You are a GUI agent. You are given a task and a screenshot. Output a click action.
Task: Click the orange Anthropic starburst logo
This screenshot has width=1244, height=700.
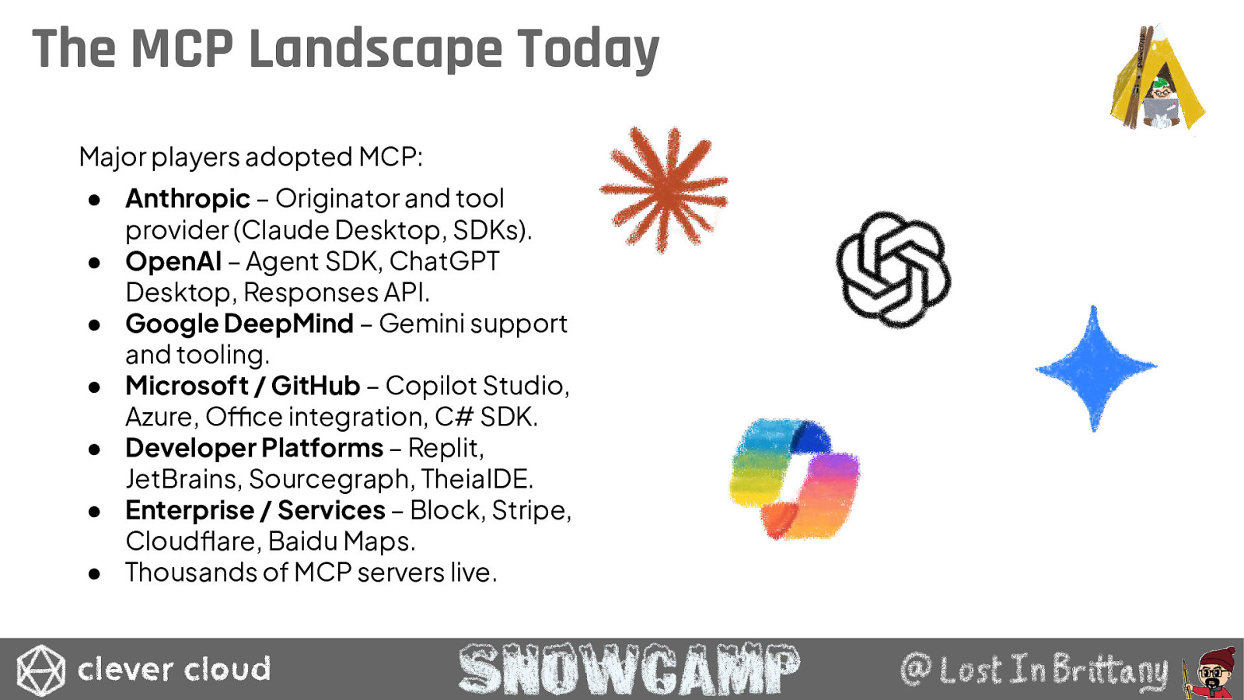point(664,190)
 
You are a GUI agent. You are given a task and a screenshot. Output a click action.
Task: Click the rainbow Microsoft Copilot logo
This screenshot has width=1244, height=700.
point(795,479)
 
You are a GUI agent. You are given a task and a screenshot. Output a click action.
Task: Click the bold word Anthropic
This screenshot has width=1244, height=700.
point(187,198)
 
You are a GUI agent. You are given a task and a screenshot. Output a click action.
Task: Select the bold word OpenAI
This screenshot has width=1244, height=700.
point(173,261)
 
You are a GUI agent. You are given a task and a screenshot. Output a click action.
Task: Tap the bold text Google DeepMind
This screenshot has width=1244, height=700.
point(239,324)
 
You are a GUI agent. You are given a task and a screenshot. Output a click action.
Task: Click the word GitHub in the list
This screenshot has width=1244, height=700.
point(316,386)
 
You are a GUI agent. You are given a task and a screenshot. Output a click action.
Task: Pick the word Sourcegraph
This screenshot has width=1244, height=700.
point(331,479)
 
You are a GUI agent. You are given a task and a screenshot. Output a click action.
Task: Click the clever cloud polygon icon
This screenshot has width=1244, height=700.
point(40,670)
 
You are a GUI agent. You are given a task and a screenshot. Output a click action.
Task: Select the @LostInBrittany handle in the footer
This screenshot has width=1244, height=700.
point(1034,670)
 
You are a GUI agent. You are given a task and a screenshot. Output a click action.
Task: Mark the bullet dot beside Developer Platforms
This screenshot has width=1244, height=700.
point(94,449)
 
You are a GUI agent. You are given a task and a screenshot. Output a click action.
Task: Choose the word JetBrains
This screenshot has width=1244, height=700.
point(183,479)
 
